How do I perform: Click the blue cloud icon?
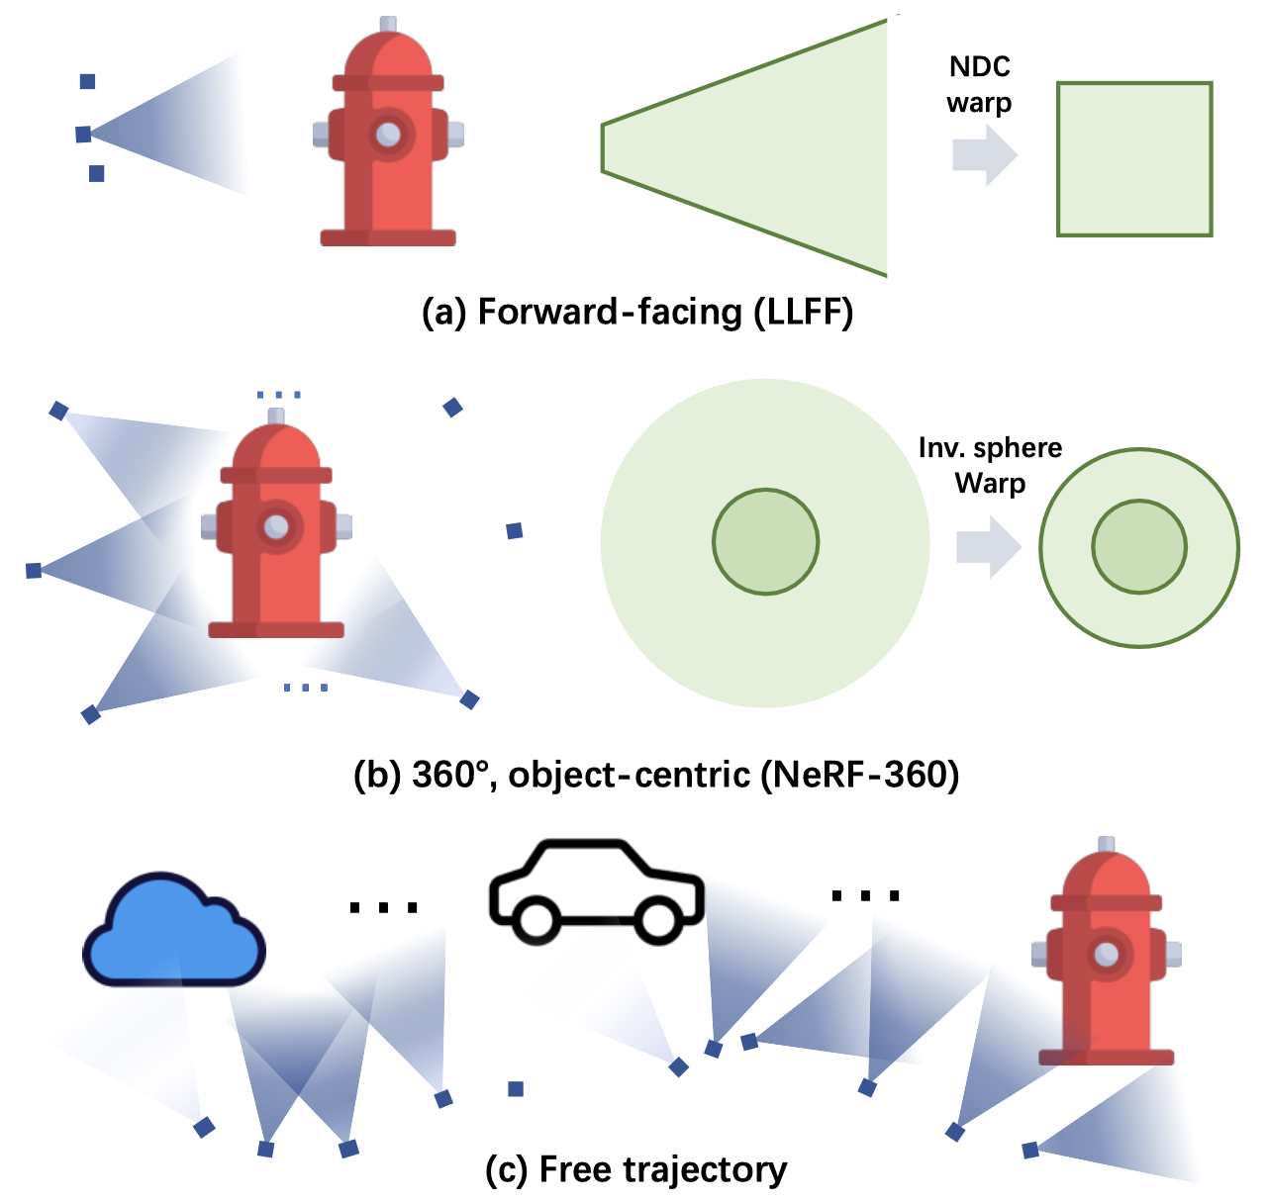173,935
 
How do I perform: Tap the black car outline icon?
596,890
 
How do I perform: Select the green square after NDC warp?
1134,159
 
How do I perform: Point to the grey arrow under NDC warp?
983,155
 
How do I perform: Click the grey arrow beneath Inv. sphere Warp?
987,547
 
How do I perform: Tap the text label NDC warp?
979,84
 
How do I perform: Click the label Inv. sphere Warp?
990,465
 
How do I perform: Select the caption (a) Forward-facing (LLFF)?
636,312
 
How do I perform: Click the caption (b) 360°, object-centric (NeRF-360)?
656,774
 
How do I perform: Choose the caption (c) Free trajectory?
635,1169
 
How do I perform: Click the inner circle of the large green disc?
765,541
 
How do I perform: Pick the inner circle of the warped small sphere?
1138,547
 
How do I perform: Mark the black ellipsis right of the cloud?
383,906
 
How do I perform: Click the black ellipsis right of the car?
865,895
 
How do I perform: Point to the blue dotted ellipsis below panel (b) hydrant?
305,687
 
